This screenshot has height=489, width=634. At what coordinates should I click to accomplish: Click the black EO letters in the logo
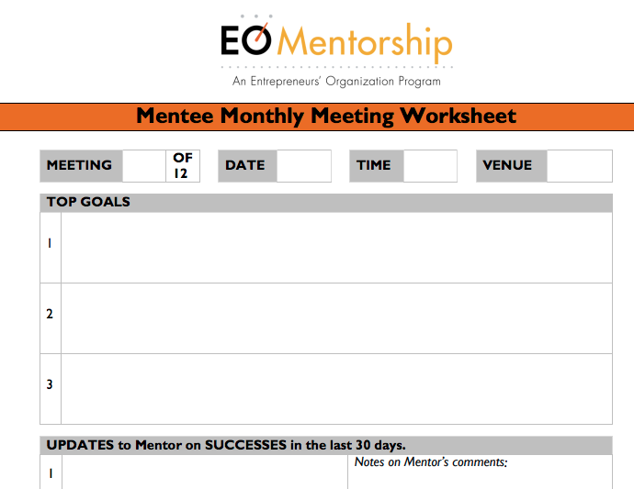(x=246, y=39)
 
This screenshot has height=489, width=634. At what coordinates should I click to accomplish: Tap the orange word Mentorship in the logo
(x=365, y=42)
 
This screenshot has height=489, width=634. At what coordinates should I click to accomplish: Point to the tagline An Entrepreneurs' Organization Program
(x=336, y=81)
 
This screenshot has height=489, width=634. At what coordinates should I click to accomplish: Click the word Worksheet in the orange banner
(x=459, y=116)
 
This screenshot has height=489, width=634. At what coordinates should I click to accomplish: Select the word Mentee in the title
(x=175, y=116)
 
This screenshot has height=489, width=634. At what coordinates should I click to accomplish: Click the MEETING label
(x=79, y=165)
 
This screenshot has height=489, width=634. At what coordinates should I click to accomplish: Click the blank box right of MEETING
(x=144, y=166)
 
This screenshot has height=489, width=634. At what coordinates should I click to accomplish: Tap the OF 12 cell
(x=183, y=165)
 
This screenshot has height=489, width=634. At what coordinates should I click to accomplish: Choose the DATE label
(x=245, y=165)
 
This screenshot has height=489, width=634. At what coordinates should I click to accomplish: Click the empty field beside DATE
(x=304, y=166)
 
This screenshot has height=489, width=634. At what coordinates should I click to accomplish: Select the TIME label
(x=374, y=165)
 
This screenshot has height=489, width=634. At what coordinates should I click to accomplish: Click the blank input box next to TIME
(x=430, y=166)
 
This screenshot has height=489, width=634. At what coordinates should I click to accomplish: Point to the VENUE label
(x=507, y=165)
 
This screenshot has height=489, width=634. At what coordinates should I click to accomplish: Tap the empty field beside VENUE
(x=580, y=166)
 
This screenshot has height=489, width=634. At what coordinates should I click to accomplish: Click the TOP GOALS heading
(x=88, y=202)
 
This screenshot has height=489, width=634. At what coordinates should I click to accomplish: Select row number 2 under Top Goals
(x=50, y=314)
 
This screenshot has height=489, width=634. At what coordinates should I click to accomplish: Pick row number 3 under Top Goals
(x=50, y=384)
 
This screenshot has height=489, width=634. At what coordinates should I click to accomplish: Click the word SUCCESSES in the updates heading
(x=246, y=445)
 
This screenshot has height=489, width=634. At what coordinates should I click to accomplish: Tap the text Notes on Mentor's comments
(x=431, y=462)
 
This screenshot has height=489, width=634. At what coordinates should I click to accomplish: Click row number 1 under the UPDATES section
(x=51, y=473)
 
